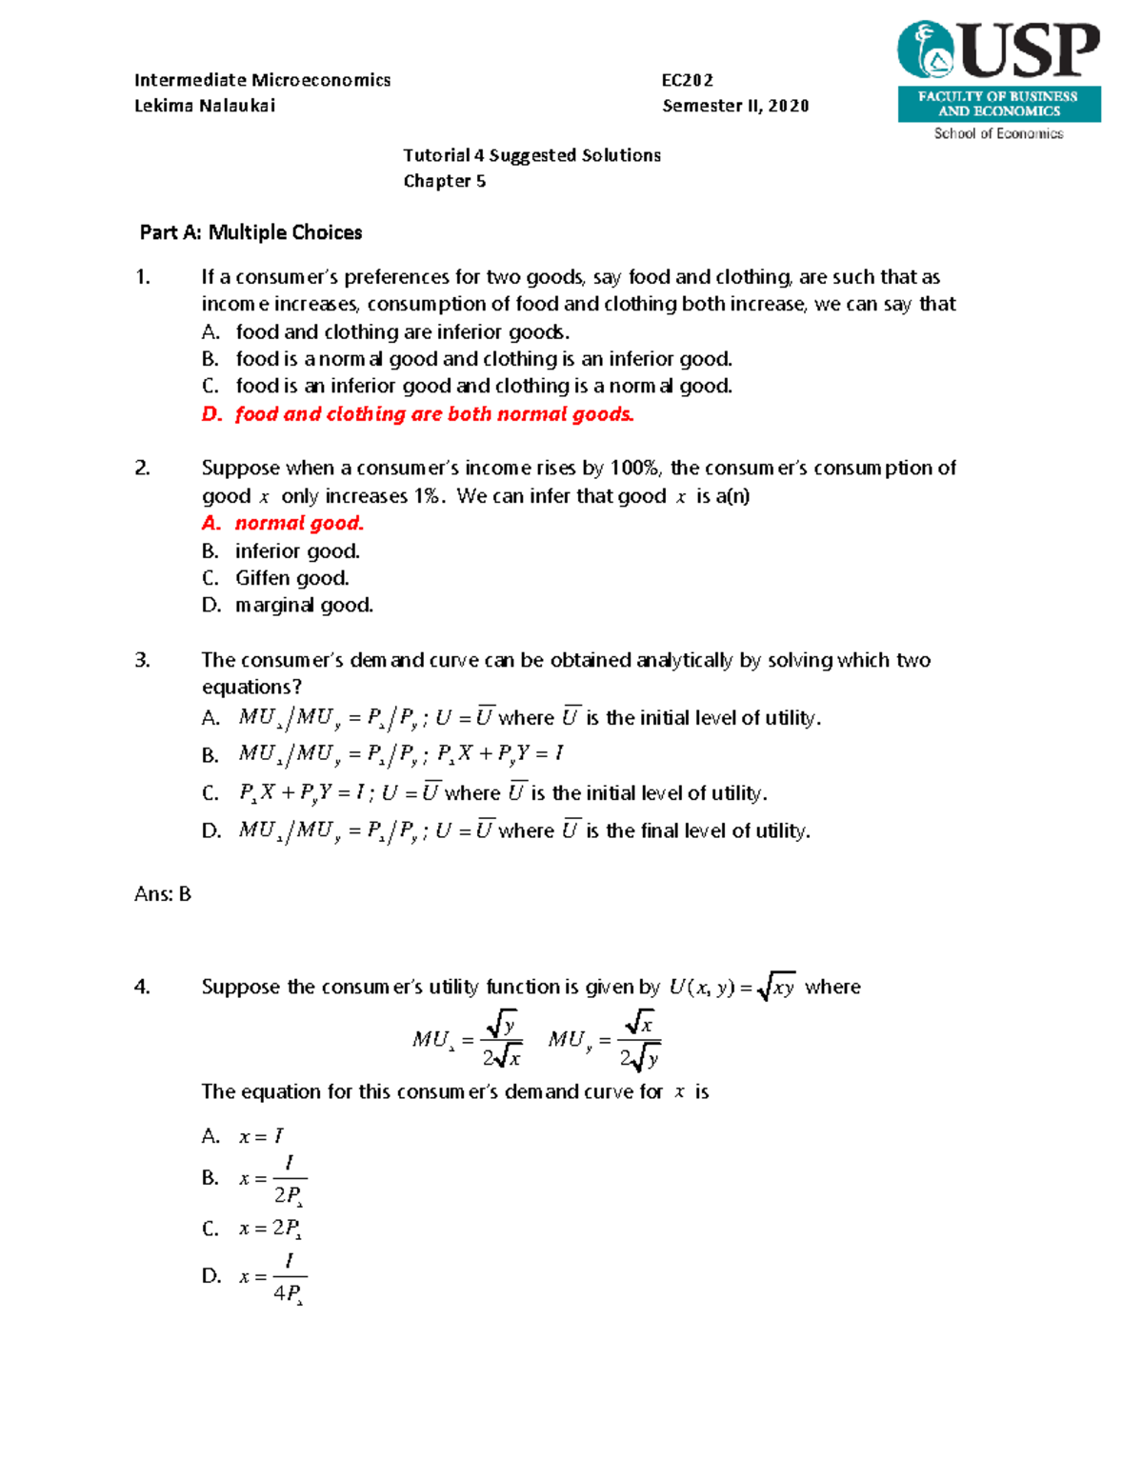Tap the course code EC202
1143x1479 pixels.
[687, 80]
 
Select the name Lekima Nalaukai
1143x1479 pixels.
[205, 106]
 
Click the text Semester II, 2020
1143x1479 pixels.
[735, 106]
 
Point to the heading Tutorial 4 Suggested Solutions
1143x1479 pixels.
[531, 155]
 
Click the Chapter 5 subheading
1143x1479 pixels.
[444, 181]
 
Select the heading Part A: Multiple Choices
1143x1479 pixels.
[251, 232]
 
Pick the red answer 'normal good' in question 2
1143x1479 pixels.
[298, 523]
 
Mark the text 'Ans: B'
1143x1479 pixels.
[163, 894]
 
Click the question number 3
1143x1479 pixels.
[142, 660]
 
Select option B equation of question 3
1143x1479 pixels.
[400, 754]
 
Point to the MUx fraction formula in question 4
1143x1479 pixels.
[467, 1039]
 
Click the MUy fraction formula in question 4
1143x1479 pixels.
[604, 1039]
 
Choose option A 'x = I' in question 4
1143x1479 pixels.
[260, 1136]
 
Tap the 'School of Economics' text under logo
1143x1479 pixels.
[998, 133]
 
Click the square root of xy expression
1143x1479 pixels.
[777, 988]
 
